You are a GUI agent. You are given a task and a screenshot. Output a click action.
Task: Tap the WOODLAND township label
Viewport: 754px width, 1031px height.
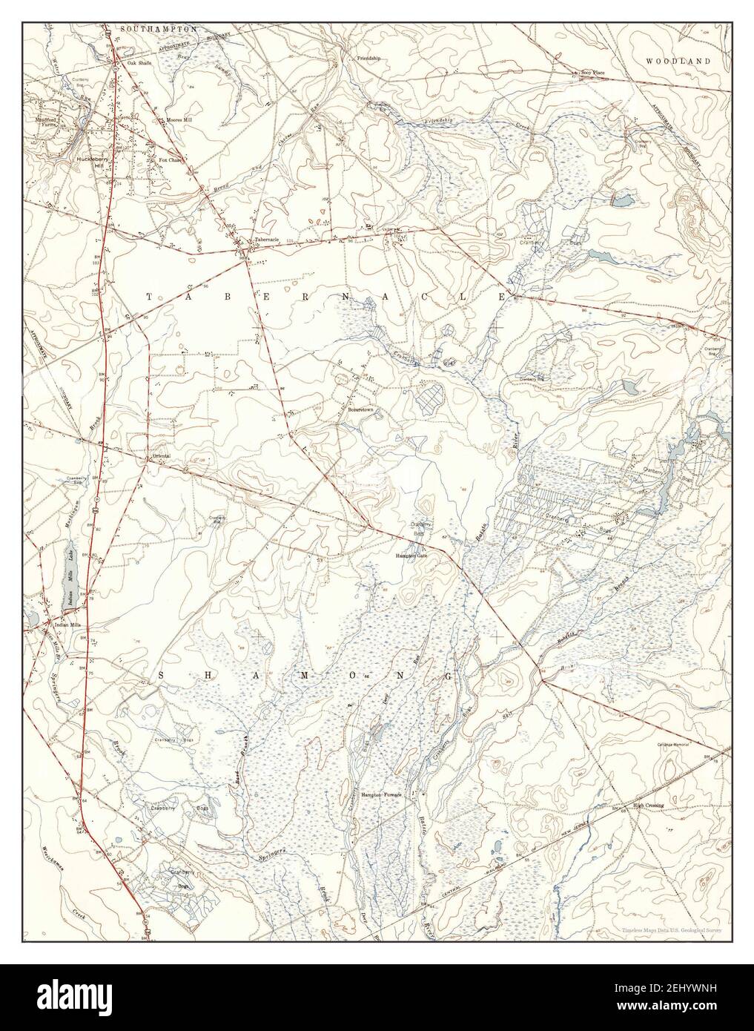pos(677,60)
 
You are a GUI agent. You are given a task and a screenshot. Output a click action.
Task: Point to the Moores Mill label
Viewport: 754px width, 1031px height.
pos(178,119)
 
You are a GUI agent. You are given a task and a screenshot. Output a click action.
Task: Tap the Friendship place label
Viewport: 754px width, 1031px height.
pos(368,57)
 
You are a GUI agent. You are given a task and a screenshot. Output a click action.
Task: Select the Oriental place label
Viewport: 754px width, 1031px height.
pos(161,455)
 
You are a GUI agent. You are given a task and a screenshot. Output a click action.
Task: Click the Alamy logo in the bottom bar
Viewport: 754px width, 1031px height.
pos(82,998)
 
